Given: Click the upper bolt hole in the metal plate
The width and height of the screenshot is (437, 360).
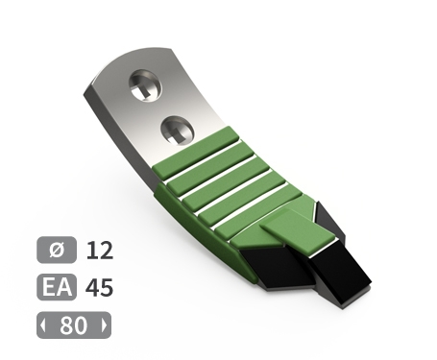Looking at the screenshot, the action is [145, 85].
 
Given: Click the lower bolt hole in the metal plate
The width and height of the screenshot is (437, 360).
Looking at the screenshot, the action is [178, 131].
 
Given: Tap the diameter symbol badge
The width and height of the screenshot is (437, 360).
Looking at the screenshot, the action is [57, 250].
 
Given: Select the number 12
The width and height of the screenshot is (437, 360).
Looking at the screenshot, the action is [100, 251].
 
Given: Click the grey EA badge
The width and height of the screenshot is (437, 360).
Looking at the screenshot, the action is [57, 287].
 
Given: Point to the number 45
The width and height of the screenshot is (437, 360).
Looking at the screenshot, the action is [99, 287].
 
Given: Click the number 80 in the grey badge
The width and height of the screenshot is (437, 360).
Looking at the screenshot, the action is [73, 325].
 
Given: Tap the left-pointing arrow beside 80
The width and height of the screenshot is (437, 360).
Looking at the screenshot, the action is [43, 325].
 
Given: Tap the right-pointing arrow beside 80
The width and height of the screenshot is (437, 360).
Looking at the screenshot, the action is [105, 325].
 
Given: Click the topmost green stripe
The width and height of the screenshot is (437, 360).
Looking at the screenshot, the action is [196, 153].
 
